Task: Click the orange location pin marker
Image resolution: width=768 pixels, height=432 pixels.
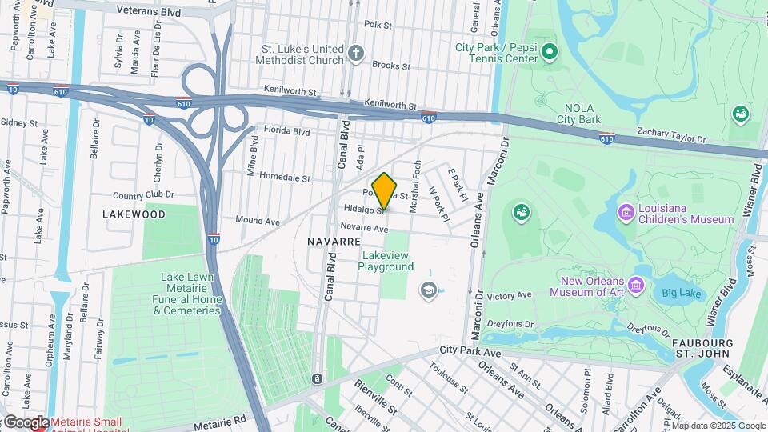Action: point(385,190)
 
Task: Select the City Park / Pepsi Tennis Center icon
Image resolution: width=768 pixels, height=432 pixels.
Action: point(549,53)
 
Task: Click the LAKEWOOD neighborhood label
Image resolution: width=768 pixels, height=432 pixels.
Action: point(134,214)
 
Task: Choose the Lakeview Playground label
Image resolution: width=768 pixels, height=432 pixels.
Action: point(386,261)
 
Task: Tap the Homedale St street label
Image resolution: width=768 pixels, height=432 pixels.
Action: point(283,178)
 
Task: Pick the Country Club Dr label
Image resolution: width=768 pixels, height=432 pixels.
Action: point(143,194)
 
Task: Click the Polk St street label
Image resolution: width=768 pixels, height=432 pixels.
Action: point(378,26)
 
